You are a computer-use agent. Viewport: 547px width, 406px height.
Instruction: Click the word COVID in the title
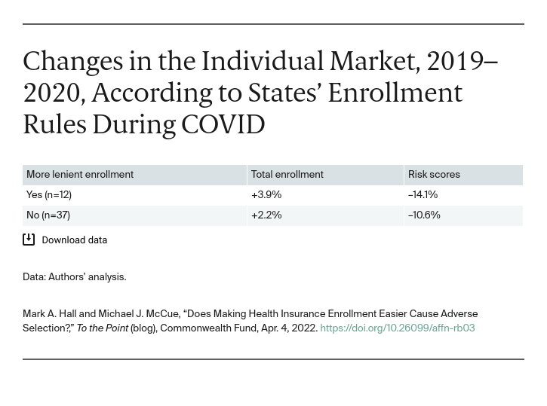point(223,124)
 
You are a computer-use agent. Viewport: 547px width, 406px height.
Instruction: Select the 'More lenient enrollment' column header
point(80,175)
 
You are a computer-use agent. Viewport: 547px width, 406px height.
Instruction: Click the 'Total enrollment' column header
point(287,175)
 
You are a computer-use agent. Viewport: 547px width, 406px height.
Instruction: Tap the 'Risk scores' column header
point(434,175)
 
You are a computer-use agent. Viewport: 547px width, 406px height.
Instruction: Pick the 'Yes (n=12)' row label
point(49,195)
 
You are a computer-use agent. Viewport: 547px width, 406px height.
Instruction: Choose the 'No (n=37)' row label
point(48,215)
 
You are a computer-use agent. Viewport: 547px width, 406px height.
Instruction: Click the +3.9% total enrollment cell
point(266,195)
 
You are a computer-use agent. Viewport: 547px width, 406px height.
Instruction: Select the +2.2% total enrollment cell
point(266,215)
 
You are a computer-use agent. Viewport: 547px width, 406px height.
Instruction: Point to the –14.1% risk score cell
point(423,195)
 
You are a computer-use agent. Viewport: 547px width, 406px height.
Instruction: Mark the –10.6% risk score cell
point(424,215)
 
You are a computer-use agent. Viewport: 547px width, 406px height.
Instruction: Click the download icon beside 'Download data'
point(29,240)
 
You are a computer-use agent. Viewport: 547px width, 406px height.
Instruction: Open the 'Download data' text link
point(74,240)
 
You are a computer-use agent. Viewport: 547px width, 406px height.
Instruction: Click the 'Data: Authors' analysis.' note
point(75,277)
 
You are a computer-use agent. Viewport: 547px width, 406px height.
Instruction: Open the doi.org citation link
point(397,328)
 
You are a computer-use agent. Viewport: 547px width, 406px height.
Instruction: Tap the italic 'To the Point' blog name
point(103,328)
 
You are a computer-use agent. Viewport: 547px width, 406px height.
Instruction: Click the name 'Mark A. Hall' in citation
point(49,314)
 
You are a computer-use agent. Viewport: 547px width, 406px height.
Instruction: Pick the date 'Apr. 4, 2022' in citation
point(288,328)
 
